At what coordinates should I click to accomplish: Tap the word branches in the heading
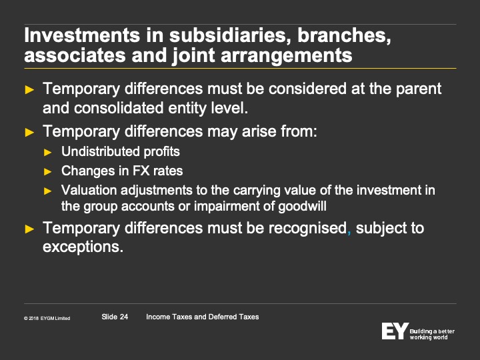pos(344,35)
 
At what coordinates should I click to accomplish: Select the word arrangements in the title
pos(286,56)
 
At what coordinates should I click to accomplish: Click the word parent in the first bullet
pos(419,89)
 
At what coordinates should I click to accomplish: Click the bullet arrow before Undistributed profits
pos(48,152)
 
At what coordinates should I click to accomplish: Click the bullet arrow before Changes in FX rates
pos(48,171)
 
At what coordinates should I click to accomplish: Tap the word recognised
pos(307,229)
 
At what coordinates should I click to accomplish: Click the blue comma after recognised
pos(349,233)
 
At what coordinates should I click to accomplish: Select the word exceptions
pos(83,247)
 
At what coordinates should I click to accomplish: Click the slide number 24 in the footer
pos(124,317)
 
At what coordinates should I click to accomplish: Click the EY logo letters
pos(395,331)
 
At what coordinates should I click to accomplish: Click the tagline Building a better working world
pos(432,334)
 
